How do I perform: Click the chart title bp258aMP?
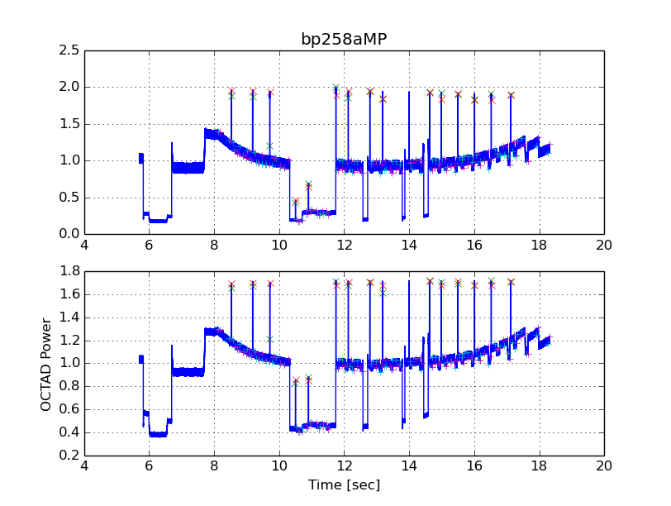tap(343, 39)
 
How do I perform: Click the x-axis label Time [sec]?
tap(344, 485)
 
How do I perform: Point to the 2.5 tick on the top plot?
tap(70, 50)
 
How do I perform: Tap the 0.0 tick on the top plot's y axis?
tap(70, 234)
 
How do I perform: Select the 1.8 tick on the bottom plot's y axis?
tap(70, 271)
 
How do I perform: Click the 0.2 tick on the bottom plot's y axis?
tap(70, 456)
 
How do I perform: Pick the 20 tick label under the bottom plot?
tap(604, 466)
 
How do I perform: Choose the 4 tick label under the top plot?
tap(84, 246)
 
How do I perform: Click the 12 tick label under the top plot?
tap(344, 246)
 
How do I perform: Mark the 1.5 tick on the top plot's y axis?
tap(70, 124)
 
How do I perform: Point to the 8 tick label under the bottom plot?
tap(214, 466)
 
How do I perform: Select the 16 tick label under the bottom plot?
tap(474, 466)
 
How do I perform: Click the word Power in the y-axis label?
tap(46, 339)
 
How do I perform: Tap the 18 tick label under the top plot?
tap(539, 246)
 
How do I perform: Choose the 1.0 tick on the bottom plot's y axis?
tap(70, 363)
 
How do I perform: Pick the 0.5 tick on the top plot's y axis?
tap(70, 198)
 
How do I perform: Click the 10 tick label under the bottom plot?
tap(279, 466)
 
